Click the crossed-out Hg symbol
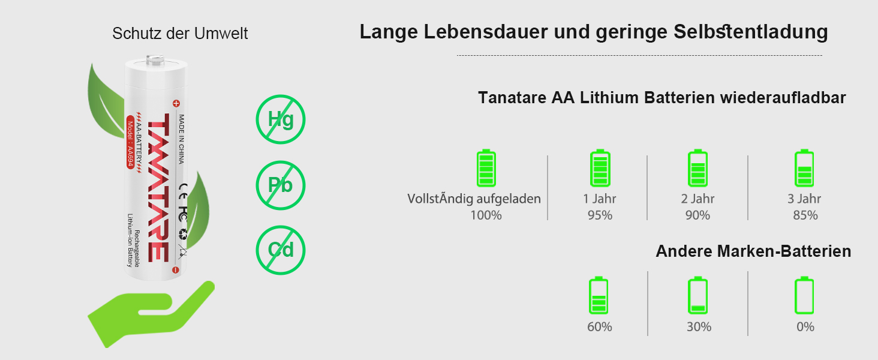tap(281, 119)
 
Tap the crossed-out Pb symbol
tap(281, 185)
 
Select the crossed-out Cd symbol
tap(281, 250)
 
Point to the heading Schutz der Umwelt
tap(180, 34)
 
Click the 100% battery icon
tap(486, 168)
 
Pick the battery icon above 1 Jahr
tap(600, 168)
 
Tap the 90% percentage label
tap(697, 215)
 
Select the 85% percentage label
tap(805, 215)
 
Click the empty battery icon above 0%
tap(804, 295)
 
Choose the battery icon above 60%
tap(599, 295)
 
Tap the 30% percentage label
tap(699, 327)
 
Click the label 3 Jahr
tap(804, 199)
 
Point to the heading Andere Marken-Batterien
tap(753, 251)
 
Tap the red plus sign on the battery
tap(176, 102)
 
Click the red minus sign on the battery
tap(176, 270)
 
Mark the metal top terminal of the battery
tap(155, 59)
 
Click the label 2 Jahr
tap(697, 199)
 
